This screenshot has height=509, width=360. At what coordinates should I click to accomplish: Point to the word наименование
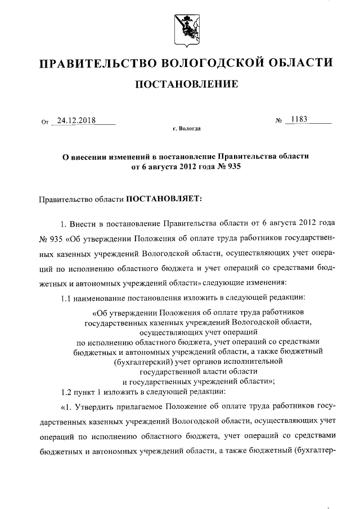tap(103, 297)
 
